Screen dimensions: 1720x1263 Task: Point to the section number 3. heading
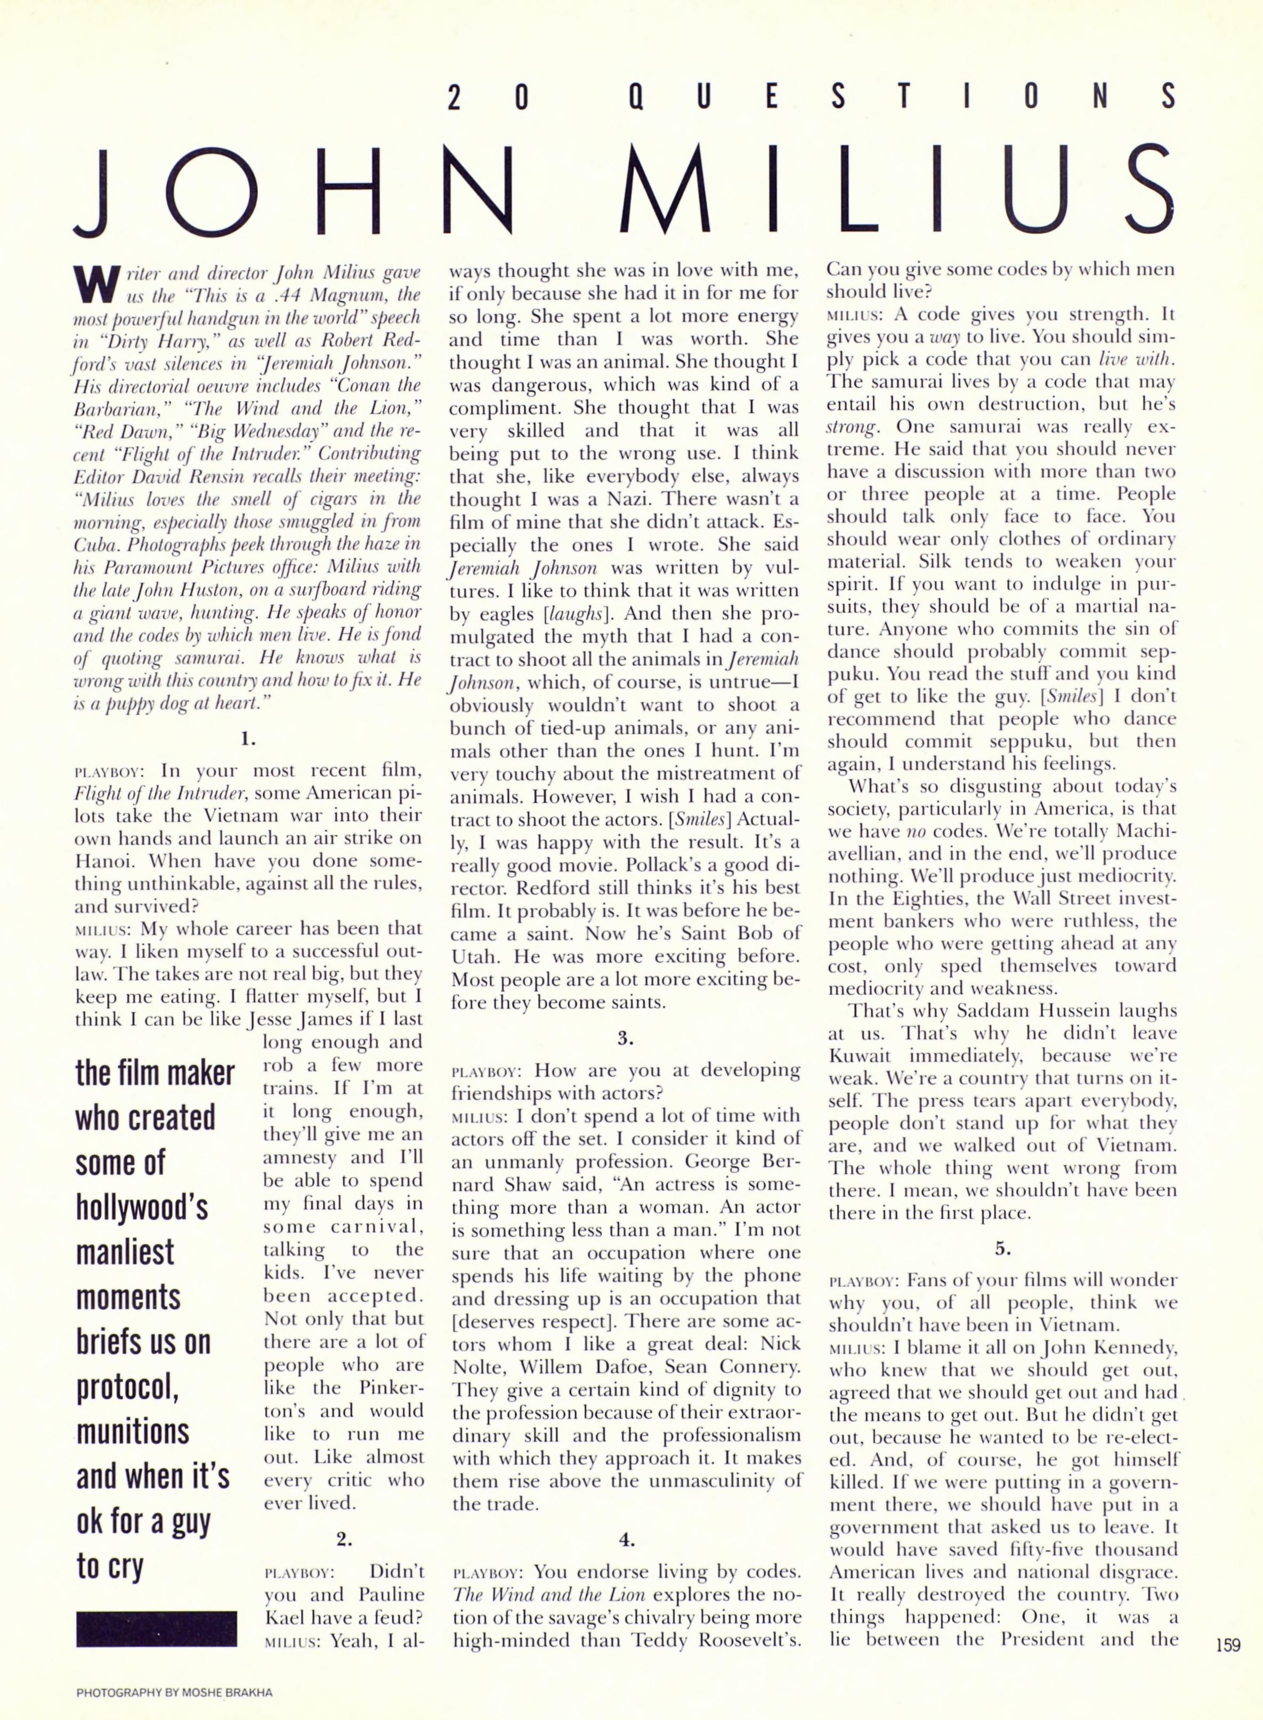point(626,1037)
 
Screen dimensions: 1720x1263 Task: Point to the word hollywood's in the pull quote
point(141,1206)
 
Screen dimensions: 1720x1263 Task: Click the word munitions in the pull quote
point(132,1430)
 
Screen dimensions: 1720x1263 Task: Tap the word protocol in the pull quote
point(127,1386)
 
